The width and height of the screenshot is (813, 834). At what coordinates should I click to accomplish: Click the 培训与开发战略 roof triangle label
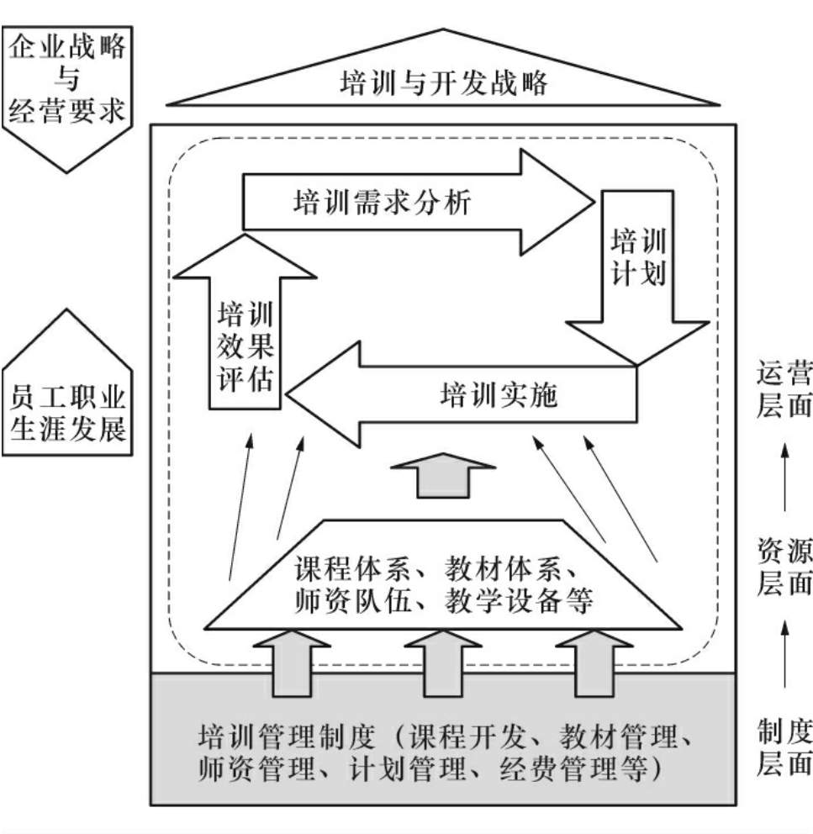tap(443, 83)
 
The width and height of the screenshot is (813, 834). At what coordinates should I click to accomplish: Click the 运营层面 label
tap(784, 388)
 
